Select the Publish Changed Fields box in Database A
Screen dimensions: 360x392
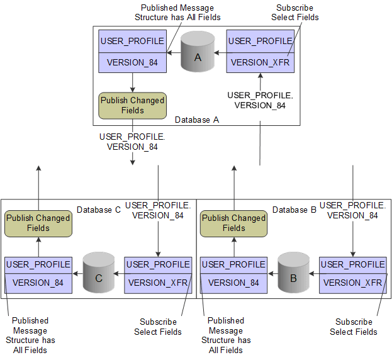(133, 105)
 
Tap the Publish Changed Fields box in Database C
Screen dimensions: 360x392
(38, 223)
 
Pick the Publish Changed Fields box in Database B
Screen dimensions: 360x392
(233, 223)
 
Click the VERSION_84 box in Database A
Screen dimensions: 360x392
(133, 62)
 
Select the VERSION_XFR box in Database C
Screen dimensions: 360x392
(158, 282)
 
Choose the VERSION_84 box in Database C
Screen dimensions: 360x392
(38, 282)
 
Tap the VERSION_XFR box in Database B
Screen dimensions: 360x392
(352, 282)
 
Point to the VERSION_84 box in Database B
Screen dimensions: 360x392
(233, 282)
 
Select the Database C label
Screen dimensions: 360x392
(98, 209)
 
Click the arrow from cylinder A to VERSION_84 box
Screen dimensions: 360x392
(174, 53)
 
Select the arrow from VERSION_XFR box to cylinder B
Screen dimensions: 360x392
(315, 274)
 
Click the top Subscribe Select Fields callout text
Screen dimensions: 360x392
(294, 13)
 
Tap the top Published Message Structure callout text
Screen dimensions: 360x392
(177, 13)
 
